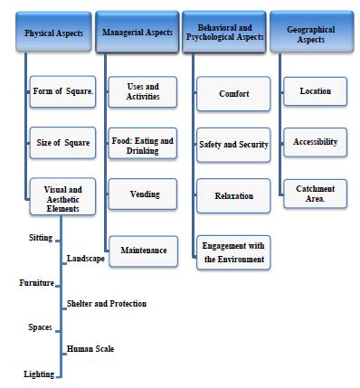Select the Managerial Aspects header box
[136, 33]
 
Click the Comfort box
[234, 93]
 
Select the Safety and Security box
[234, 145]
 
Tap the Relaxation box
[234, 195]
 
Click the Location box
[315, 91]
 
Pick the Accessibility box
[315, 142]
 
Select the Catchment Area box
[315, 194]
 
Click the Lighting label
[38, 374]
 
